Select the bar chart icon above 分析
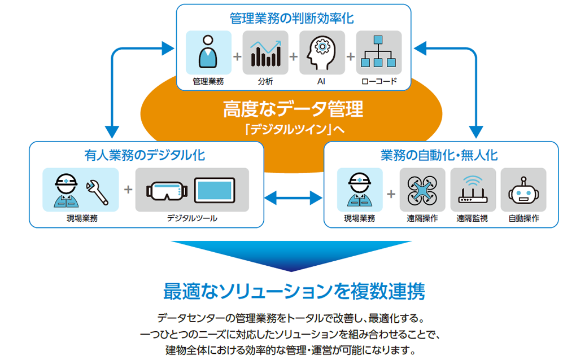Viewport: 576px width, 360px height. [265, 54]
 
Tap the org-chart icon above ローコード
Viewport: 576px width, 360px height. [378, 52]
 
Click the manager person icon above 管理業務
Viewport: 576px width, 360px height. [208, 52]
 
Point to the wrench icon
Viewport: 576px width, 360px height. [97, 192]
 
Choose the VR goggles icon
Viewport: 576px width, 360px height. [167, 191]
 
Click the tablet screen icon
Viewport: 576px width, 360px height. [215, 190]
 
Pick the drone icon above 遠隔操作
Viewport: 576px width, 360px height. [422, 190]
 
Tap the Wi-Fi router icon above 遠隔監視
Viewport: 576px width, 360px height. [473, 190]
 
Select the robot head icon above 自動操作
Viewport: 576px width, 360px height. [523, 191]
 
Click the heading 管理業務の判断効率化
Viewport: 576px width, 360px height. [292, 18]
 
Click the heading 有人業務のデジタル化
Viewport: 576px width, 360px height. [145, 155]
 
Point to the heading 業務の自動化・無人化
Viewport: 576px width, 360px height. [439, 155]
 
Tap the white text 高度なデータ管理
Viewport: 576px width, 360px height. [293, 109]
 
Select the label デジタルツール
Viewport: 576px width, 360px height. [192, 218]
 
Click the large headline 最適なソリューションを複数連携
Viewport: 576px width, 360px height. [294, 291]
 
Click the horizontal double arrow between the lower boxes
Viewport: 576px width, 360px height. [293, 198]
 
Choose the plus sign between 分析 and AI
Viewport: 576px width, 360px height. [294, 56]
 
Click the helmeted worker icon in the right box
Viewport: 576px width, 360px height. [360, 190]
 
